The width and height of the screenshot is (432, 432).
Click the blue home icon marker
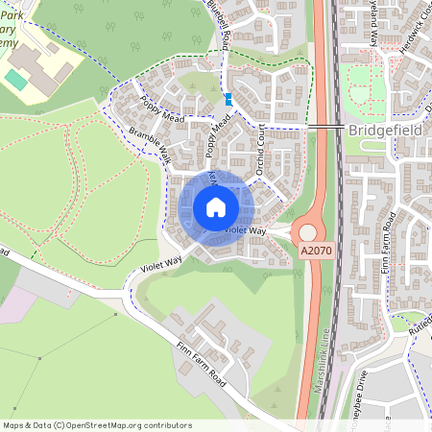(x=215, y=207)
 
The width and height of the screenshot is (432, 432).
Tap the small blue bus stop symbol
(x=228, y=98)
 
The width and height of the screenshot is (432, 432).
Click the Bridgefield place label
(x=388, y=128)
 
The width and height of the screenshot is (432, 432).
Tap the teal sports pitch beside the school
(x=16, y=80)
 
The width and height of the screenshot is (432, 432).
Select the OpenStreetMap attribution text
(x=96, y=424)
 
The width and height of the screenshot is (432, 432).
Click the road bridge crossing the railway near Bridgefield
(x=326, y=128)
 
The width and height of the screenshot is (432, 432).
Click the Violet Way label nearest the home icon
(x=244, y=231)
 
